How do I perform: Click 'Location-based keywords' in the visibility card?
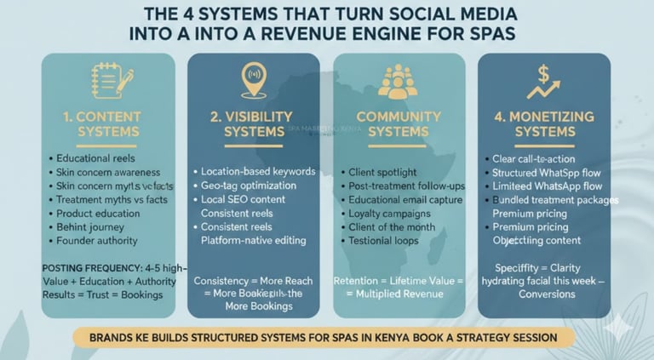click(x=258, y=171)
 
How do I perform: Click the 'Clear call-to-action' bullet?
click(x=534, y=158)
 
